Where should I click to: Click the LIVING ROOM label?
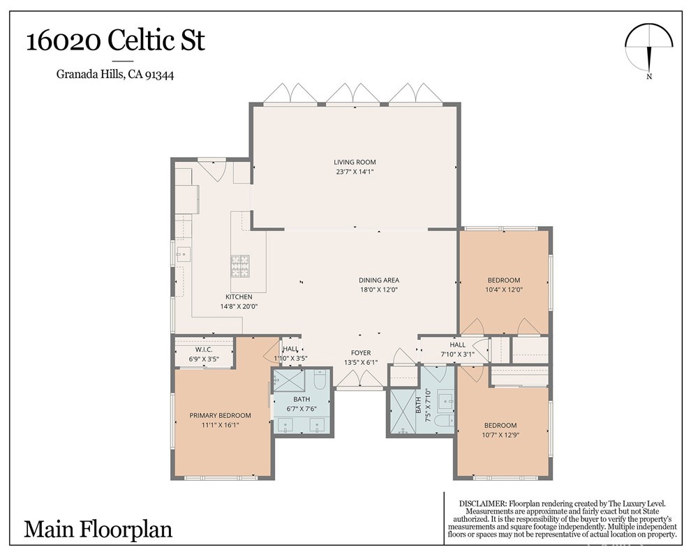tap(355, 162)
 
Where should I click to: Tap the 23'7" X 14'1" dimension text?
tap(355, 172)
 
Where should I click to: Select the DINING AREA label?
tap(379, 280)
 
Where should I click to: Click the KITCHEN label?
tap(239, 297)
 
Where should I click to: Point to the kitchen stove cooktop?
tap(239, 266)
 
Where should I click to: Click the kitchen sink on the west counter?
tap(183, 254)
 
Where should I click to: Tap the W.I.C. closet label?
tap(204, 350)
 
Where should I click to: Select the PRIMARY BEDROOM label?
tap(221, 415)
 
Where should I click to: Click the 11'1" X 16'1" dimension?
tap(221, 425)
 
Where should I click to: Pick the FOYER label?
tap(361, 353)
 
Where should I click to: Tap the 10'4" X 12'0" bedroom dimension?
tap(504, 290)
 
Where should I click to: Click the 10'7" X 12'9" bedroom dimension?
tap(500, 435)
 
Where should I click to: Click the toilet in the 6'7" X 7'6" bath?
tap(320, 379)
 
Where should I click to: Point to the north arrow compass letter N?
tap(649, 76)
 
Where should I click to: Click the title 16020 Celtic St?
tap(116, 41)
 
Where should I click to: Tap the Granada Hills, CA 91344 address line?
tap(115, 75)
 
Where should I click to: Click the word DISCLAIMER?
tap(482, 503)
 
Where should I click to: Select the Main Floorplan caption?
tap(98, 529)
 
